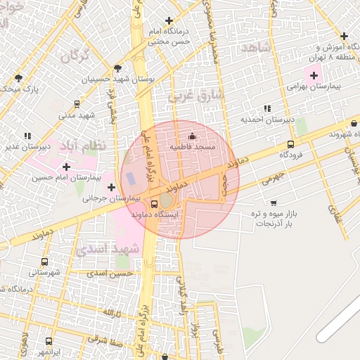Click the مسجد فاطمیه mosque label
(192, 147)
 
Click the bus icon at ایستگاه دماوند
(135, 204)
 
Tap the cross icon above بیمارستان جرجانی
(111, 188)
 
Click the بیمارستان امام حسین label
(60, 177)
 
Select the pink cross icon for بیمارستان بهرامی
(314, 75)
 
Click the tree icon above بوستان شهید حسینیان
(117, 69)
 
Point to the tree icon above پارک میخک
(18, 77)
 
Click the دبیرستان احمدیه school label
(266, 120)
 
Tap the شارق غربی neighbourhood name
(196, 94)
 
